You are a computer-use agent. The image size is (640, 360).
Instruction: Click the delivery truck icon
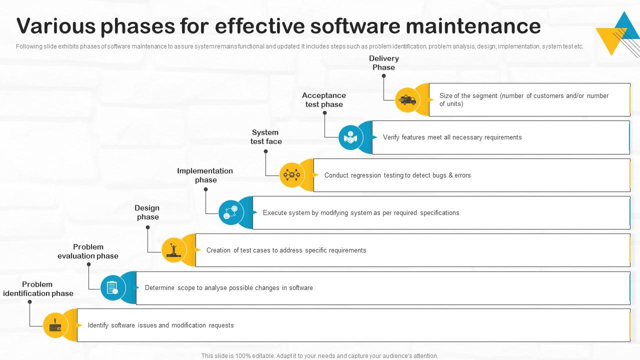[x=407, y=100]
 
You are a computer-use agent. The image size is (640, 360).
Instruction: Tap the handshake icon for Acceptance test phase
[x=350, y=137]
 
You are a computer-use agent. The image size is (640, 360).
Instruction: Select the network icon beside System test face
[x=291, y=175]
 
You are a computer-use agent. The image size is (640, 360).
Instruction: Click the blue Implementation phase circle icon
[x=230, y=212]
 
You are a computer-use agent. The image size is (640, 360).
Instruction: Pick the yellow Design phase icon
[x=173, y=250]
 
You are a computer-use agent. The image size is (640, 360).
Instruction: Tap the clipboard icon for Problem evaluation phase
[x=112, y=287]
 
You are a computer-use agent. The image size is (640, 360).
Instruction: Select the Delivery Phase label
[x=383, y=63]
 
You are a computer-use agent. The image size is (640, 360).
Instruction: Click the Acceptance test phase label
[x=324, y=100]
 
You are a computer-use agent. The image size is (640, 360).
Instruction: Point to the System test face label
[x=265, y=137]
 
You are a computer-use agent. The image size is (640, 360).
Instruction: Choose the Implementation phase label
[x=205, y=175]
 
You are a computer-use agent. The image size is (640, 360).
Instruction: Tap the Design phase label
[x=147, y=212]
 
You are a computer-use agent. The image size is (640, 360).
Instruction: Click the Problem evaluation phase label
[x=88, y=251]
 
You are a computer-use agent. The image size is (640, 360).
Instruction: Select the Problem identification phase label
[x=38, y=289]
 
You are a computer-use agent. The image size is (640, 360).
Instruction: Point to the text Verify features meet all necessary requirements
[x=452, y=137]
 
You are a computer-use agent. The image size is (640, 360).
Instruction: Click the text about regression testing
[x=397, y=175]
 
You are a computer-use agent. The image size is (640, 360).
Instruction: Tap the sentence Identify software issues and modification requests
[x=160, y=325]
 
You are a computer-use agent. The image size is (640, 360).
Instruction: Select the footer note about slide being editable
[x=319, y=356]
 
